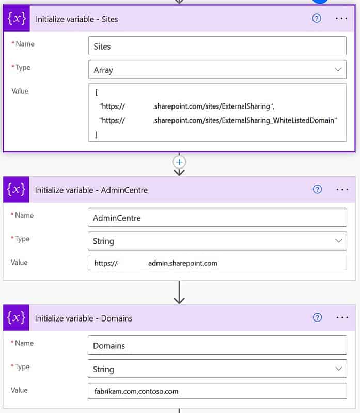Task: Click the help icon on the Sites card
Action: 316,18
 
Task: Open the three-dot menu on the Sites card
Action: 341,18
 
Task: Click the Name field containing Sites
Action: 217,46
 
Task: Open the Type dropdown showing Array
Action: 217,70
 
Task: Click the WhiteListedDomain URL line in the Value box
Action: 218,120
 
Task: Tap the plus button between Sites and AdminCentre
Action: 179,162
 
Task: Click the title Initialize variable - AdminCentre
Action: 91,190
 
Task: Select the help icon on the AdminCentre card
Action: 317,189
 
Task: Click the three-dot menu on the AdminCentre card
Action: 342,189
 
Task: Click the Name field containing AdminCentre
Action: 217,217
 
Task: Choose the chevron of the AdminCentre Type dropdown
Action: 339,241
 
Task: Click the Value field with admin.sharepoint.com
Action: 217,263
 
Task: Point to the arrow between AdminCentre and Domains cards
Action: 179,293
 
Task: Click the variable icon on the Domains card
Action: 16,317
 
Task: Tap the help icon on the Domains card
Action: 317,317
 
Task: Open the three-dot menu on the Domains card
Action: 342,317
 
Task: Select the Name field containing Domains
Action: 217,345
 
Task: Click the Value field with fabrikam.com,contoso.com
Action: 217,391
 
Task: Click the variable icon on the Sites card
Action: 17,18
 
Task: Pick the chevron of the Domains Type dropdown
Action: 339,369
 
